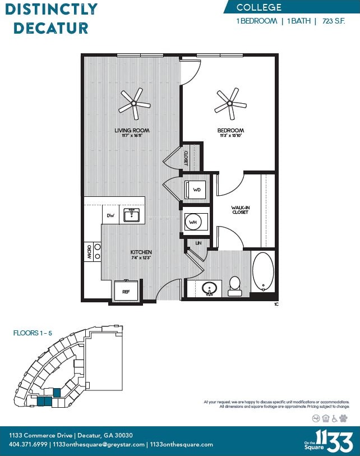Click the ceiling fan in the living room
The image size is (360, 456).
(135, 103)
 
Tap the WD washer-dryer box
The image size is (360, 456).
(196, 190)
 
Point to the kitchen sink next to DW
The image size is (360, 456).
(132, 215)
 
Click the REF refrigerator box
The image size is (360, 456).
(126, 291)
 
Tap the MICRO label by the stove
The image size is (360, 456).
(88, 251)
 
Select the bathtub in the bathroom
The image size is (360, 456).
(262, 273)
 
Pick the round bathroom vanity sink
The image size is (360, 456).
(210, 288)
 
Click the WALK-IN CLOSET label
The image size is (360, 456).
(240, 210)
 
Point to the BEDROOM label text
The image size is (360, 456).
(230, 131)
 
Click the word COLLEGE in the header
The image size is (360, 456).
(259, 8)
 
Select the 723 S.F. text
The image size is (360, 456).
(337, 21)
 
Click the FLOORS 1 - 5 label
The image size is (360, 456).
(33, 333)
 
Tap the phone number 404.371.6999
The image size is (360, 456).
(28, 444)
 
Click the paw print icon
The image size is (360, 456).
(344, 418)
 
